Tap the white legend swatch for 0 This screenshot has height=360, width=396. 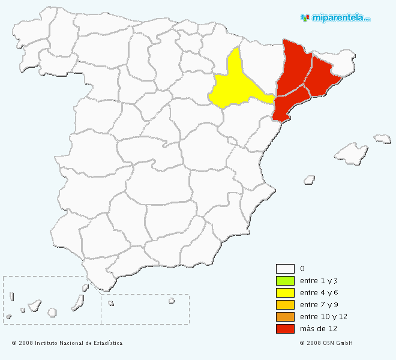pyautogui.click(x=285, y=269)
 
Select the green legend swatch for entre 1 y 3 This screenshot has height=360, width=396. pyautogui.click(x=285, y=281)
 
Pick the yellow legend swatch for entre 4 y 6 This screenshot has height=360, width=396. pyautogui.click(x=285, y=293)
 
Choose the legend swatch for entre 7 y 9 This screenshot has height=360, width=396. pyautogui.click(x=285, y=305)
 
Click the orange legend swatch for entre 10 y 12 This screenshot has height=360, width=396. pyautogui.click(x=285, y=317)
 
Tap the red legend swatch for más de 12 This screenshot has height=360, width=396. pyautogui.click(x=285, y=329)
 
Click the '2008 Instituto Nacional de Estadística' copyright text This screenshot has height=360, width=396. pyautogui.click(x=67, y=343)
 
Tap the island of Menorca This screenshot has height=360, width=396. pyautogui.click(x=382, y=139)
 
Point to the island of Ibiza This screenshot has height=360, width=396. pyautogui.click(x=310, y=179)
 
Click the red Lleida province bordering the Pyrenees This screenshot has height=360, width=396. pyautogui.click(x=294, y=69)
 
